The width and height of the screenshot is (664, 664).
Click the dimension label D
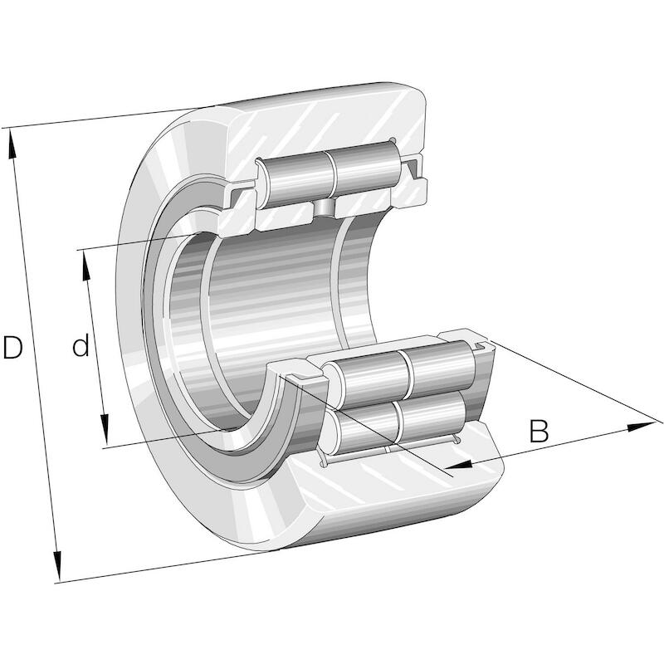(12, 346)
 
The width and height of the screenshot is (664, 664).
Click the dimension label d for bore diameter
(81, 344)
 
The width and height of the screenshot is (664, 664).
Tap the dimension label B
(539, 431)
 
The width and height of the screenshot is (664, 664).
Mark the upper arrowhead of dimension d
(86, 266)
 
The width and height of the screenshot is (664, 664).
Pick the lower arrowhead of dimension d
(105, 430)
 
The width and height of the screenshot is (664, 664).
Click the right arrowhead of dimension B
(642, 427)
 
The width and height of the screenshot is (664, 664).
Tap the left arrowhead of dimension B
(459, 465)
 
